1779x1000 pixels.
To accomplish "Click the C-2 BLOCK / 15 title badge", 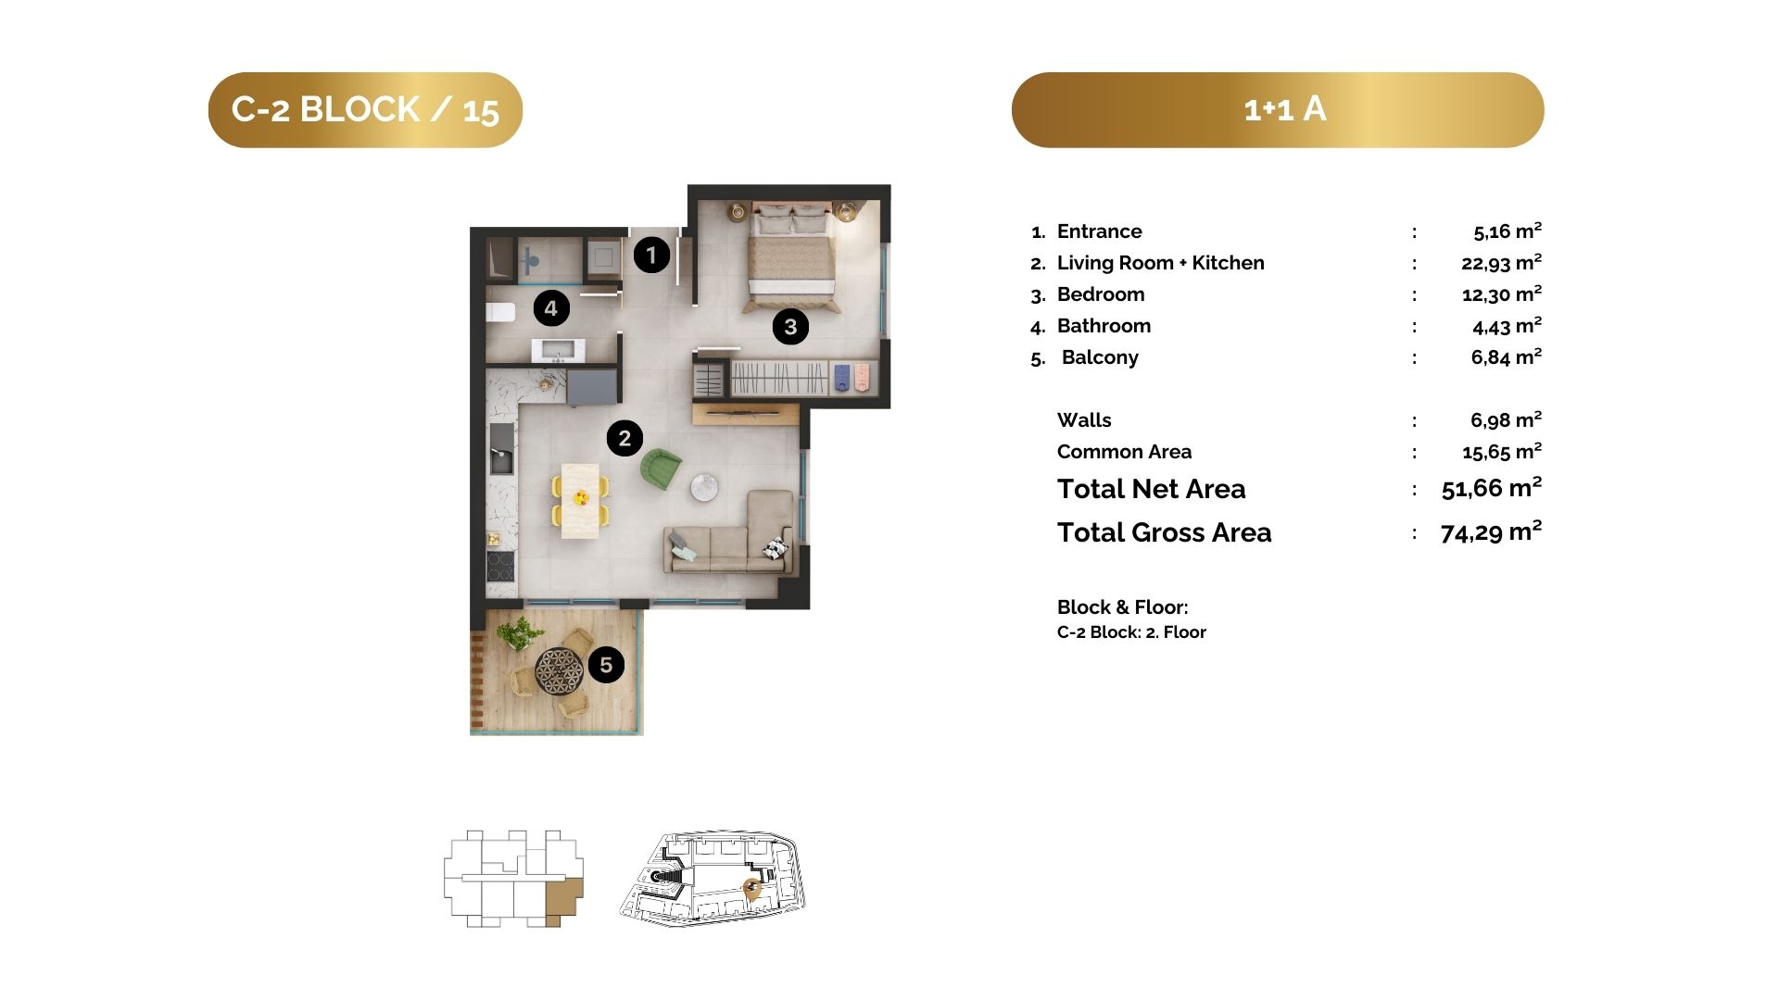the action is pos(365,110).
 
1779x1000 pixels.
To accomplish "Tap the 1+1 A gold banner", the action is pos(1278,110).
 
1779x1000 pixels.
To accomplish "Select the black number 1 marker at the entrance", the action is pos(651,255).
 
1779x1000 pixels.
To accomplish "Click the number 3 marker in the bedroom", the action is pos(790,327).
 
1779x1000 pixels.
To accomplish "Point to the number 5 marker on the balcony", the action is pos(606,665).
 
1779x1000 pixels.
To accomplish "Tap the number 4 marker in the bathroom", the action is pos(551,308).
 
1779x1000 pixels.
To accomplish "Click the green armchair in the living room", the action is pos(661,469).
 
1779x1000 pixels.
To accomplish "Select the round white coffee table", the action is pos(704,487).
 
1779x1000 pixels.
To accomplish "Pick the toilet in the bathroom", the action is pos(500,312).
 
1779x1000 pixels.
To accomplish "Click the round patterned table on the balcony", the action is pos(559,668).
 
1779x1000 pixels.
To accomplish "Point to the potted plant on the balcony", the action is pos(519,633).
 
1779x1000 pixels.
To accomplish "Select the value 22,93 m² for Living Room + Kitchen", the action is pos(1501,263).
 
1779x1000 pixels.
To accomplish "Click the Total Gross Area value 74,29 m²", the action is pos(1491,532).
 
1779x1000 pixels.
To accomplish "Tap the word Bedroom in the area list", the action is pos(1101,294).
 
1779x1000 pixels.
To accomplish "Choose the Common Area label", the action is pos(1124,452).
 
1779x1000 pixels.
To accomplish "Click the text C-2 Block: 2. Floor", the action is pos(1131,632).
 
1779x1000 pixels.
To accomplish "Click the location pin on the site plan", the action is pos(752,890).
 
